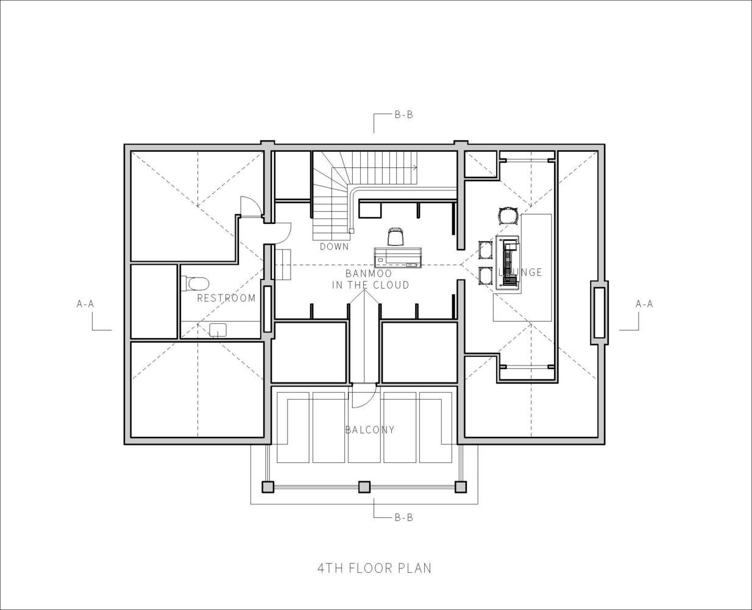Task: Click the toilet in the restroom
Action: (196, 284)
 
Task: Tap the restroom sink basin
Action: (218, 330)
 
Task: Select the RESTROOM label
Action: (226, 298)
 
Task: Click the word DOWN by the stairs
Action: (334, 246)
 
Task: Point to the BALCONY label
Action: (370, 430)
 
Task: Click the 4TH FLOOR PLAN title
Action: (374, 568)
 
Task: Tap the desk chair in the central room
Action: (396, 237)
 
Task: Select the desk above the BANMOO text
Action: (398, 257)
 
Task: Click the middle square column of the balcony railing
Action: (364, 487)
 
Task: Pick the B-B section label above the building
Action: (404, 115)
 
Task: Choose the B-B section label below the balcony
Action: (404, 517)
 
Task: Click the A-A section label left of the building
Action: (85, 304)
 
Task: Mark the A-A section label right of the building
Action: (644, 304)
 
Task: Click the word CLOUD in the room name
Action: (391, 285)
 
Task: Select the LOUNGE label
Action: (520, 272)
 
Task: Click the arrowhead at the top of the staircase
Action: (416, 167)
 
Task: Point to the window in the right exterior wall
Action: (600, 312)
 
